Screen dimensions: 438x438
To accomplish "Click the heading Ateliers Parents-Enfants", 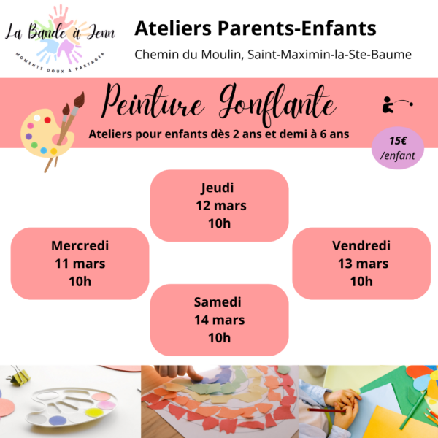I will (255, 28).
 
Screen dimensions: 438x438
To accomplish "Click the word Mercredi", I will (80, 246).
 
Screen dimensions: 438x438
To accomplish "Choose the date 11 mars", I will (80, 264).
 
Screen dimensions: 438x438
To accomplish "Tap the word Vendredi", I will (361, 246).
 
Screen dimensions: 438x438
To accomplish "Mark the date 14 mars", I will (219, 320).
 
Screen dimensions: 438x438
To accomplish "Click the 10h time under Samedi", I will (219, 337).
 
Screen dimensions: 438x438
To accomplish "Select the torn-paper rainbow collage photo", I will (219, 401).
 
